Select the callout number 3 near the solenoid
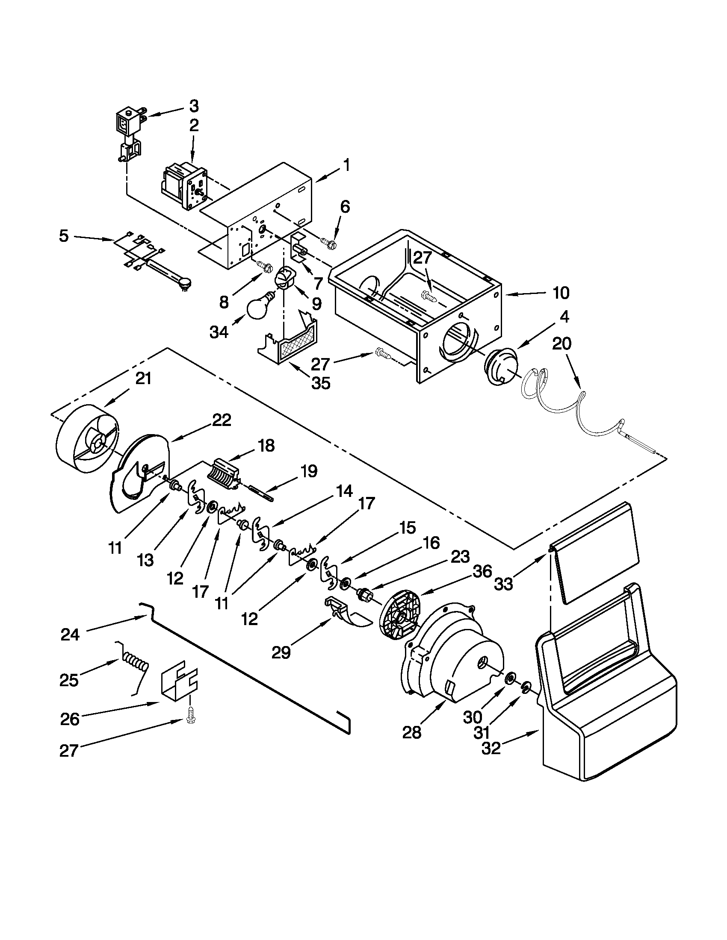click(194, 105)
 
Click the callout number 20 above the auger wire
click(562, 344)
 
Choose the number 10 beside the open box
click(561, 293)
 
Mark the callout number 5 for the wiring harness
click(64, 236)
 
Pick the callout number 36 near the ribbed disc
click(482, 572)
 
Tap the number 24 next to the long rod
click(70, 634)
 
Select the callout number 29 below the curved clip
click(281, 653)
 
